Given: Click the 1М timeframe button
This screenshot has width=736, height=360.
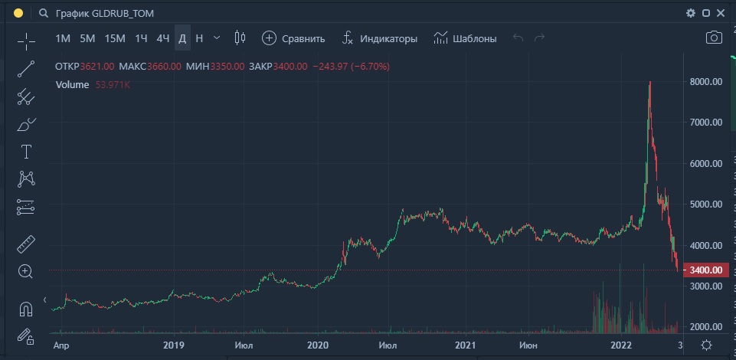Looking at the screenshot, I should coord(63,38).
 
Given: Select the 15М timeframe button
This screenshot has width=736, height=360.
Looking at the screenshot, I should coord(115,38).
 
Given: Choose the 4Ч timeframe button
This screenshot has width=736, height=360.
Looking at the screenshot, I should coord(162,38).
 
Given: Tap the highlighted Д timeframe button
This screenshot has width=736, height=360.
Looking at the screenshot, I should coord(182,38).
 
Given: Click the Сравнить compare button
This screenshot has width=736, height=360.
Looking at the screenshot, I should coord(294,38).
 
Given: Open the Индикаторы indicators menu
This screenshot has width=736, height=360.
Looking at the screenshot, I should coord(380,38).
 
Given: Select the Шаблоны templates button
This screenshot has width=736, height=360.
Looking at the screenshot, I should coord(465,38).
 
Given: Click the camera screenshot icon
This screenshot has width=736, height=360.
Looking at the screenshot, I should coord(714,38).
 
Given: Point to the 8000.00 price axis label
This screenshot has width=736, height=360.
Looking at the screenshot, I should coord(706,81).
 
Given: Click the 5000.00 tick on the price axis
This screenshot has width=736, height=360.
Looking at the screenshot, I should coord(706,205).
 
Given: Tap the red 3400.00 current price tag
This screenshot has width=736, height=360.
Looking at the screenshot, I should coord(705,270).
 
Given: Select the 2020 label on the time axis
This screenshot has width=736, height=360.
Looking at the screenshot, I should coord(317,346).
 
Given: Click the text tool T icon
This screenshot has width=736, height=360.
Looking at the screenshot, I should coord(26,151).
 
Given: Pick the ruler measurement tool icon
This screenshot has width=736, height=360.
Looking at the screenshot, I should coord(26,244).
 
